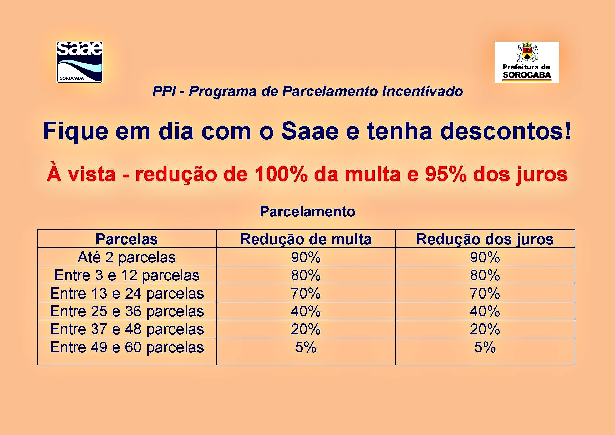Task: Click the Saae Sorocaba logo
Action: coord(80,62)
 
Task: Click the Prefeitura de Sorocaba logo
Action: coord(527,62)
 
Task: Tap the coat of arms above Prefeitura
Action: coord(527,52)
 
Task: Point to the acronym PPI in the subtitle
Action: coord(164,91)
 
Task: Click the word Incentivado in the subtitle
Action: coord(423,91)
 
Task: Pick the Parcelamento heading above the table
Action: coord(308,212)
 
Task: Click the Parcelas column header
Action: coord(127,239)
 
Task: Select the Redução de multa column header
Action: coord(306,239)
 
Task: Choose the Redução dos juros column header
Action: coord(485,239)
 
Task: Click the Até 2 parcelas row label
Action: coord(127,257)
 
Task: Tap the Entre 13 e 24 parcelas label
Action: coord(127,293)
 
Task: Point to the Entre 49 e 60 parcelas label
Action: coord(127,347)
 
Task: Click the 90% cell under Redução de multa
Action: coord(306,257)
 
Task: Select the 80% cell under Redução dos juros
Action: coord(485,275)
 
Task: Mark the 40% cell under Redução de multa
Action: coord(306,311)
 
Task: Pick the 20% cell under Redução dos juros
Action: coord(485,329)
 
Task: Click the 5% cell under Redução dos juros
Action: coord(485,347)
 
